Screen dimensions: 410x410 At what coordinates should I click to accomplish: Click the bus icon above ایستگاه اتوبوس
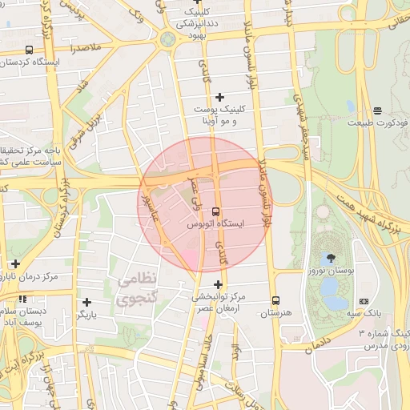[216, 211]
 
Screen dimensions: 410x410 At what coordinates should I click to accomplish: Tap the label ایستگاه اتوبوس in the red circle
[216, 226]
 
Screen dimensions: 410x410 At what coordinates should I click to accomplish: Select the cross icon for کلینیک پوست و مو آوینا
[220, 97]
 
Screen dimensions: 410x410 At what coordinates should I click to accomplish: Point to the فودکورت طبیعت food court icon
[377, 110]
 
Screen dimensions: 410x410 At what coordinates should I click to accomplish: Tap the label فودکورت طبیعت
[377, 123]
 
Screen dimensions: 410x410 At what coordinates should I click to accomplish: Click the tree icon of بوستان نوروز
[330, 258]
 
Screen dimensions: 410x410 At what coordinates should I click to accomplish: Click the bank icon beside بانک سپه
[364, 301]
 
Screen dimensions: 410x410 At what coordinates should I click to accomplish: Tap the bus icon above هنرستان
[275, 301]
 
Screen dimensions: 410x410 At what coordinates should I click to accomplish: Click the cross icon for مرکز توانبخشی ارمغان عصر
[217, 284]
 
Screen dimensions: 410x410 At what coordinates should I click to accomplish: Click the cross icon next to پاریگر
[86, 302]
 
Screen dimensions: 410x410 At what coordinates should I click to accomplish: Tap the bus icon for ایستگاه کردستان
[30, 50]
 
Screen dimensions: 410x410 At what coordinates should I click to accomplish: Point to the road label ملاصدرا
[86, 49]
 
